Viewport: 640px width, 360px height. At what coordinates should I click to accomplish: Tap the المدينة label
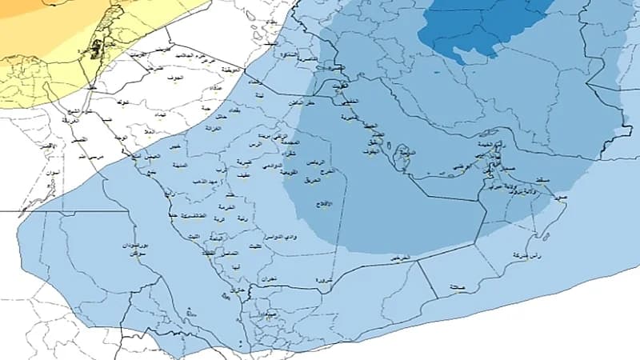click(x=180, y=166)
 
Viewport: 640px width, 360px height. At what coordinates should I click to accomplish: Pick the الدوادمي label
click(x=271, y=166)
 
